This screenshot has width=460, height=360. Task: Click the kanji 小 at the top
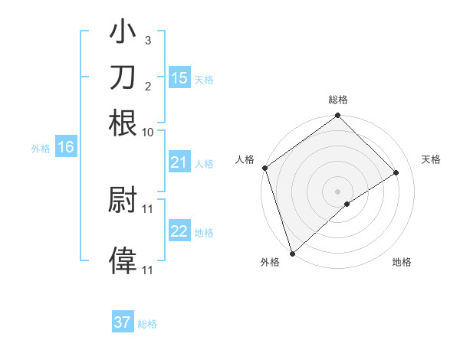click(x=123, y=33)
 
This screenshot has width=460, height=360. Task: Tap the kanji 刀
click(x=123, y=78)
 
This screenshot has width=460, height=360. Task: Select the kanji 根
click(x=123, y=123)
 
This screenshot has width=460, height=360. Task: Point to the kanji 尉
click(x=123, y=200)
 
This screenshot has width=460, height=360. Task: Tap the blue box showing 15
click(x=179, y=78)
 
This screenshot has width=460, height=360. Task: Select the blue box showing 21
click(x=179, y=162)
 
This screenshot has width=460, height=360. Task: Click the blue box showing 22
click(x=179, y=231)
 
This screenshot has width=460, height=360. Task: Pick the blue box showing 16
click(x=66, y=148)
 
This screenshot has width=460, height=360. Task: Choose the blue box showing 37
click(x=123, y=322)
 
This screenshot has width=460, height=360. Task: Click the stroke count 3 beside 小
click(x=147, y=40)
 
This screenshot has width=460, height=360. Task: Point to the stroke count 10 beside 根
click(x=147, y=132)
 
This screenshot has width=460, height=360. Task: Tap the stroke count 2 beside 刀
click(x=147, y=85)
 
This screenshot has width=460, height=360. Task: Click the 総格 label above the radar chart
click(x=338, y=100)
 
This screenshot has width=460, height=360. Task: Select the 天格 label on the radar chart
click(x=431, y=159)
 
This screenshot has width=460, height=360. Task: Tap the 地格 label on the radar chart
click(x=402, y=263)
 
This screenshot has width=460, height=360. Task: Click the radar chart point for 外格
click(x=292, y=253)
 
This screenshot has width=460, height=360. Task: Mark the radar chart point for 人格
click(x=264, y=168)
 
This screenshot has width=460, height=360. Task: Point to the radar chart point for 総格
click(x=338, y=116)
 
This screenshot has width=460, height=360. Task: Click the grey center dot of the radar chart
click(x=338, y=191)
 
